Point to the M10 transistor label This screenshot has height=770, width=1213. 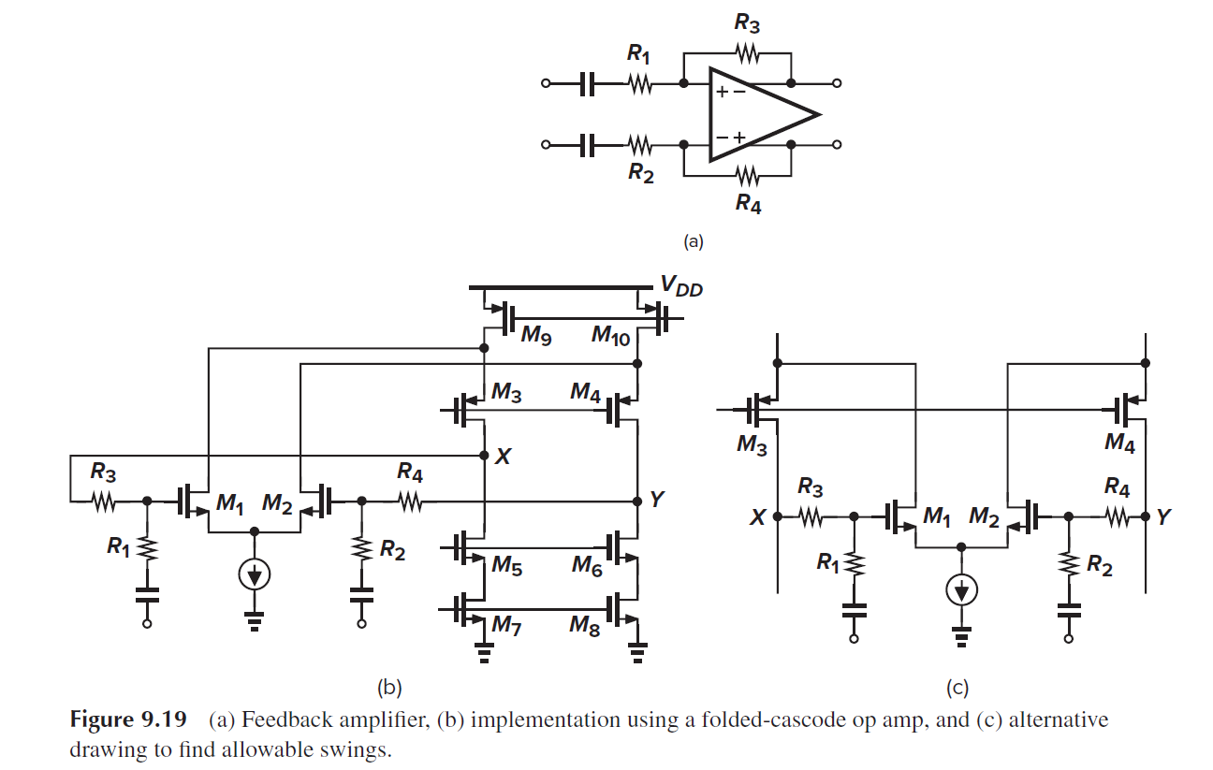pos(613,338)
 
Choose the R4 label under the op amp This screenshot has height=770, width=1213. pos(747,202)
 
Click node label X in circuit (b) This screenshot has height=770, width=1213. pos(504,456)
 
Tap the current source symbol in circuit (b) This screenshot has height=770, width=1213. pos(253,575)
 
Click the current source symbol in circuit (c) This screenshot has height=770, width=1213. pos(961,588)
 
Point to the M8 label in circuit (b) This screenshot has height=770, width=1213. pos(586,625)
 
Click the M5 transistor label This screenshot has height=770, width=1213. pos(505,564)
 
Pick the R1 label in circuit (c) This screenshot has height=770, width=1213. pos(828,562)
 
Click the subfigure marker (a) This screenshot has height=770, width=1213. pos(692,241)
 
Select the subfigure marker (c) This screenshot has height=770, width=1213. pos(956,689)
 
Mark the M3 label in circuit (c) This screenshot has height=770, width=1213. pos(752,445)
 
